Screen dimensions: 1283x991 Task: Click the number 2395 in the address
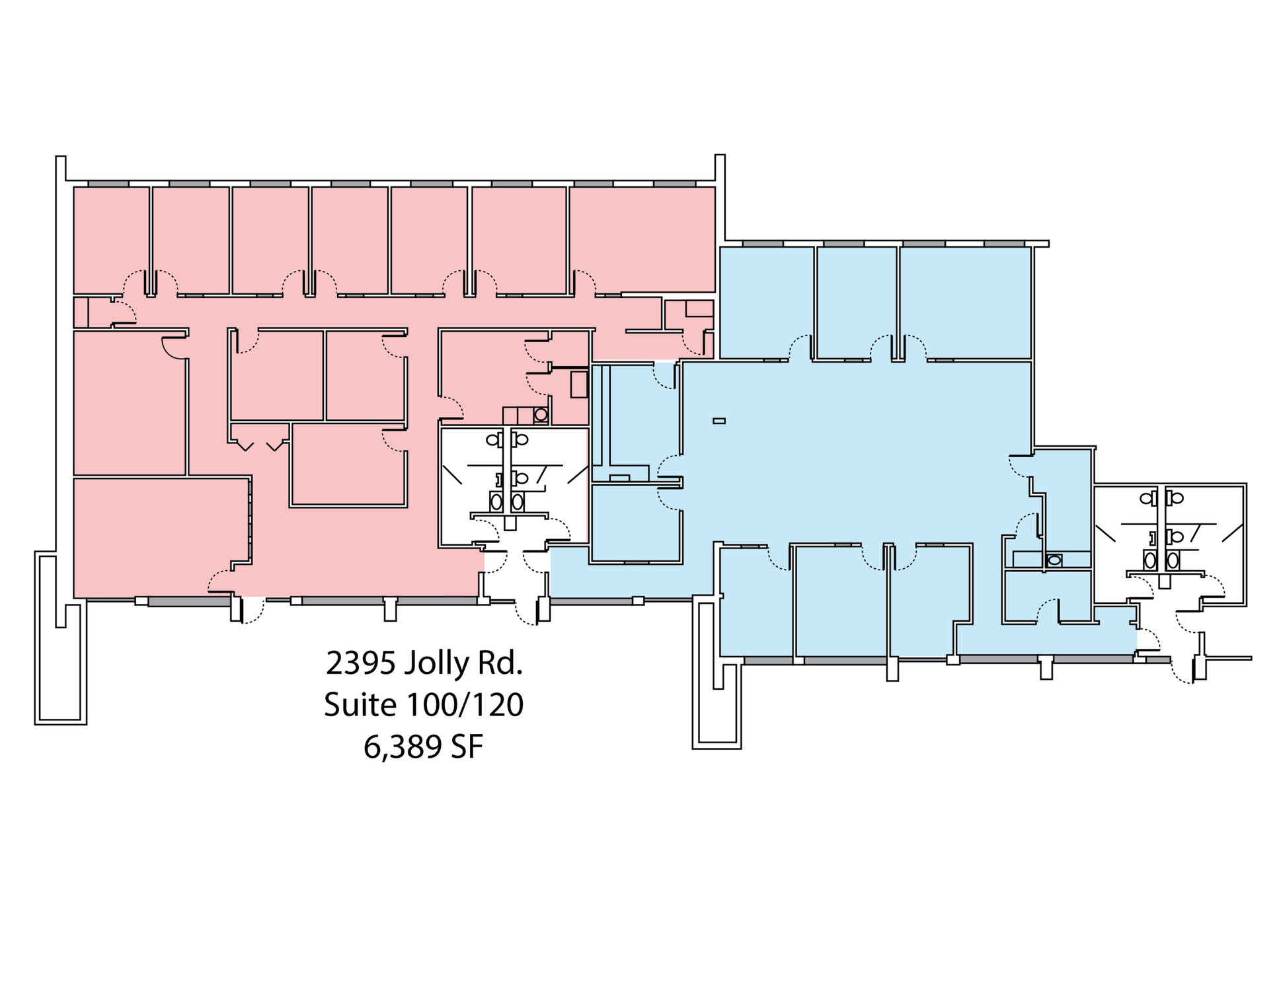(x=360, y=663)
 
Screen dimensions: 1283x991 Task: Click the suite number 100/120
(x=465, y=705)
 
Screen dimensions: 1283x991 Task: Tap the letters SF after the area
(x=467, y=747)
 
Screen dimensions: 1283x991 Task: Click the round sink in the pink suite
(x=541, y=415)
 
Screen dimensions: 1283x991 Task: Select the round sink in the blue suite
(x=1054, y=560)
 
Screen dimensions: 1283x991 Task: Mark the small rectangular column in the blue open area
(x=719, y=421)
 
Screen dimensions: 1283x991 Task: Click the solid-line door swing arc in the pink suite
(x=173, y=349)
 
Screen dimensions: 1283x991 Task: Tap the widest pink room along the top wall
(x=642, y=239)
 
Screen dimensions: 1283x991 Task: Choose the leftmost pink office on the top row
(x=111, y=240)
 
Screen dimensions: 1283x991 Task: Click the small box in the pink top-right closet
(x=699, y=309)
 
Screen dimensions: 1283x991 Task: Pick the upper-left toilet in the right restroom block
(x=1146, y=498)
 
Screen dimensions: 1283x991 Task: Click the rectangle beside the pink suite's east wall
(x=579, y=385)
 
